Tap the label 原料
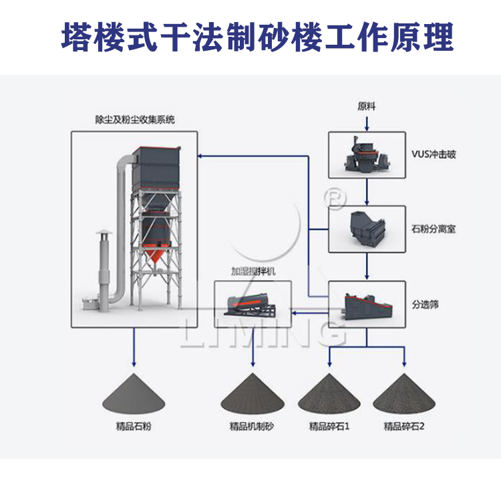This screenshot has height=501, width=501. click(366, 106)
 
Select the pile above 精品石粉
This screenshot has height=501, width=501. click(134, 394)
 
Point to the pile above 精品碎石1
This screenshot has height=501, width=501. click(329, 395)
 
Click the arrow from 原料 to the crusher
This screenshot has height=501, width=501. click(366, 122)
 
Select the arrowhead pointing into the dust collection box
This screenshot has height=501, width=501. click(201, 156)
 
